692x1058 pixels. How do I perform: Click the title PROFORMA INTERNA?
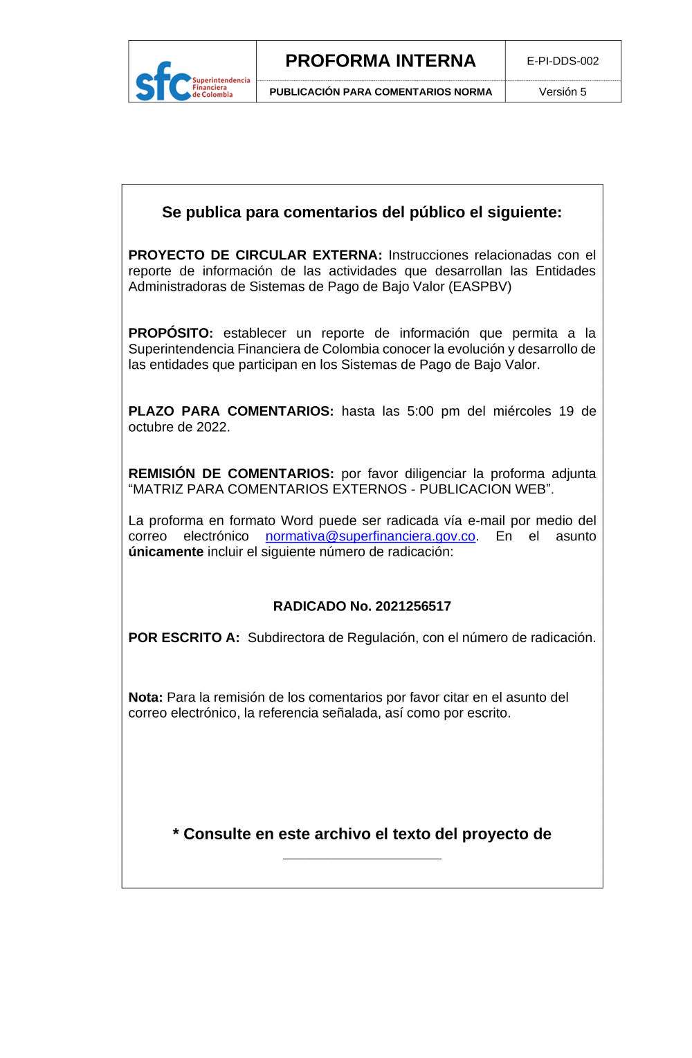381,61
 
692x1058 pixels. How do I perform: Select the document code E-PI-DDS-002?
563,61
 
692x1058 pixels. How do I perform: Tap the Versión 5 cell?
563,92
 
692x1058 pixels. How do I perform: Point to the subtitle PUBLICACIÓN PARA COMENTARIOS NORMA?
381,92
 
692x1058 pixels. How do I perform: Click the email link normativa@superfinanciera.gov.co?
370,536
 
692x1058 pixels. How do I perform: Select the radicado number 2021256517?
413,606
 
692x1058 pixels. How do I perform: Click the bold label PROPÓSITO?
170,334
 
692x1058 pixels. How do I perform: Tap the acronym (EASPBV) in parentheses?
480,286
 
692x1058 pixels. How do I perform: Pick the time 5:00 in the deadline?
420,411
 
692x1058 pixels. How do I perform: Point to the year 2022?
211,427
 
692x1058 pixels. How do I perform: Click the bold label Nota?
145,697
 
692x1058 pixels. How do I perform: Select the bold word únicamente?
165,552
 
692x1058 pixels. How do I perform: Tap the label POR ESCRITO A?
184,638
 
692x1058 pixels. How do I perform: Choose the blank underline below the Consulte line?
362,858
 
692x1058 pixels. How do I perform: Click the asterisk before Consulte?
176,833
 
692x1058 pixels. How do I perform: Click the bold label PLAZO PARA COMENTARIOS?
230,411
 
